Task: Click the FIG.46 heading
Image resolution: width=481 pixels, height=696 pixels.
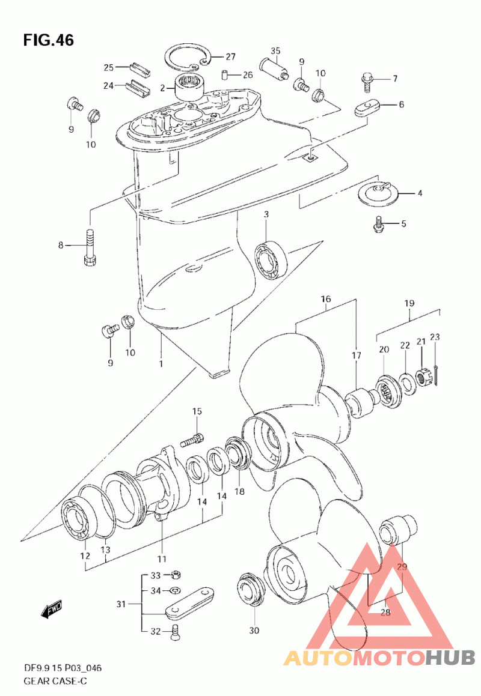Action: (48, 40)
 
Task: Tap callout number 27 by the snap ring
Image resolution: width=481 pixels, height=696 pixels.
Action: (214, 57)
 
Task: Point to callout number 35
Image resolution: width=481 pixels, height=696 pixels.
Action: (275, 50)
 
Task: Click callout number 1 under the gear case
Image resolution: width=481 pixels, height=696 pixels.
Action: (161, 363)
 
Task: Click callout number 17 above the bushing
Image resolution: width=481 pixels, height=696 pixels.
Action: (357, 356)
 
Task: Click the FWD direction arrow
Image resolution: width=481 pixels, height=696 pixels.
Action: (52, 609)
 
